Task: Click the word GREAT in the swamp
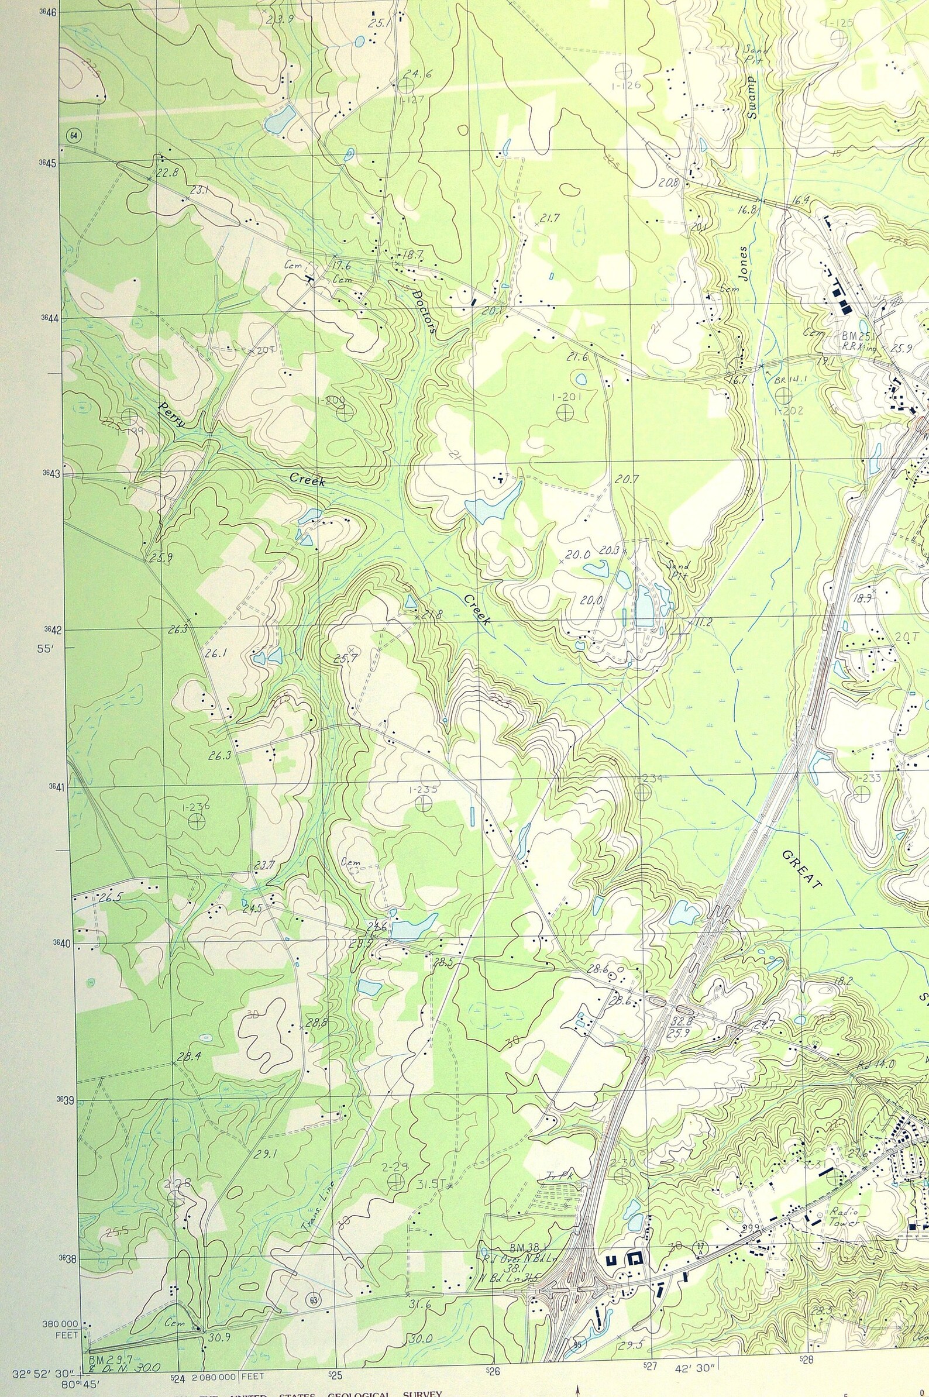click(x=801, y=870)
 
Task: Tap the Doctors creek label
click(x=424, y=311)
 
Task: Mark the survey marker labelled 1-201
click(x=565, y=412)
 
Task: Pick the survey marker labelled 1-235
click(x=422, y=803)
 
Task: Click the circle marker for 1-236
click(x=196, y=821)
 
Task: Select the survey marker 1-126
click(x=622, y=71)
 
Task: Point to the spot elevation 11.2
click(x=703, y=621)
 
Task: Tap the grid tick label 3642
click(x=51, y=630)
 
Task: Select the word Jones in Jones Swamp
click(x=744, y=263)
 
